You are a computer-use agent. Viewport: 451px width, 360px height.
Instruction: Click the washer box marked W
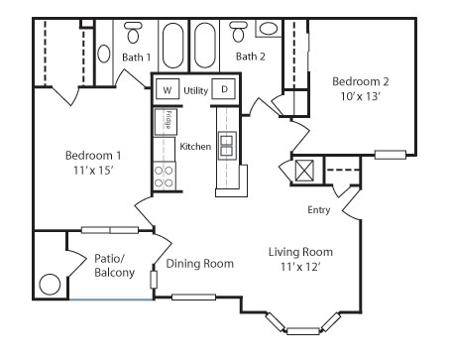coord(168,89)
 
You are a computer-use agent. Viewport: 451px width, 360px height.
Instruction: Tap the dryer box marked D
coord(224,89)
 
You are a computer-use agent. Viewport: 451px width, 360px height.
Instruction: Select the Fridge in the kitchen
coord(166,122)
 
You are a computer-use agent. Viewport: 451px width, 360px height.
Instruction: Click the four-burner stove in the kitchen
coord(165,177)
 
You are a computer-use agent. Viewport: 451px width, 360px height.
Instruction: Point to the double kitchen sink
coord(227,146)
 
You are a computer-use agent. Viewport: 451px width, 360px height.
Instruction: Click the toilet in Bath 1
coord(133,33)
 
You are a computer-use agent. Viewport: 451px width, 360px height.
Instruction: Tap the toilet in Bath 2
coord(238,32)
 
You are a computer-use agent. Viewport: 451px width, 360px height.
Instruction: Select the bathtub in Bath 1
coord(173,46)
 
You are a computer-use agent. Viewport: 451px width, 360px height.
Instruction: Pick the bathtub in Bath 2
coord(205,46)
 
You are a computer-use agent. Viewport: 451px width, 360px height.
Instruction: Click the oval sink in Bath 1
coord(104,54)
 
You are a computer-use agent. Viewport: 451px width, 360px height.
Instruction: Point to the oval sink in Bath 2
coord(268,28)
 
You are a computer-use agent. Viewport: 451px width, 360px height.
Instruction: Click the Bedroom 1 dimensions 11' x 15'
coord(93,171)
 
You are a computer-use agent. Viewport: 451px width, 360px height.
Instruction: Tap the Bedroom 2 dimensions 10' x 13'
coord(361,96)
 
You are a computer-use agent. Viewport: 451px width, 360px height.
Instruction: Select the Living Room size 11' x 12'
coord(300,267)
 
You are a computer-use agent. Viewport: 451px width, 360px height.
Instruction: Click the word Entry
coord(319,210)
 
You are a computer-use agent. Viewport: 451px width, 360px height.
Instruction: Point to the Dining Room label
coord(200,264)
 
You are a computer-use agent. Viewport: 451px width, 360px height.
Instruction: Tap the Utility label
coord(195,90)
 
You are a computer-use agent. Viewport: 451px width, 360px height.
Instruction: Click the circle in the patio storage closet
coord(50,285)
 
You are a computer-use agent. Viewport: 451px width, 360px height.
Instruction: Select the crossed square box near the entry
coord(304,171)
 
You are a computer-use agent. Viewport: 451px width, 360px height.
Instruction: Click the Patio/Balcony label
coord(114,265)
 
